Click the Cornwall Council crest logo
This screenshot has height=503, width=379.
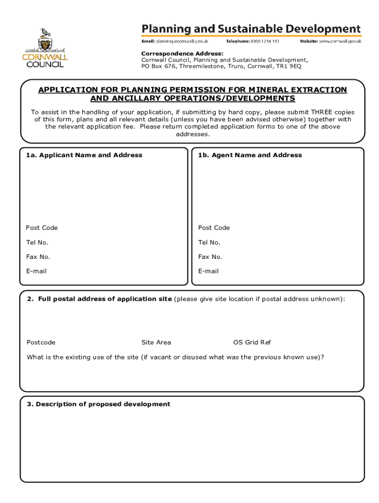[45, 48]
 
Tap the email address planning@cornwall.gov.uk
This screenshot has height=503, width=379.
[182, 41]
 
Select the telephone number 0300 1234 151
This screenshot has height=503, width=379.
[263, 41]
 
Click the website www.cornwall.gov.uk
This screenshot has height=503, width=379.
[340, 41]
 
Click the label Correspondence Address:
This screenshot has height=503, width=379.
[182, 53]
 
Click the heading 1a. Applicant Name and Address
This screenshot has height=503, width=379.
[84, 155]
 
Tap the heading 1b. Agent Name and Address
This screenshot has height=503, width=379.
[250, 155]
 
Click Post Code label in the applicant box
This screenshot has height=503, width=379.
[42, 228]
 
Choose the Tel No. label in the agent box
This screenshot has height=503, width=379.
[209, 243]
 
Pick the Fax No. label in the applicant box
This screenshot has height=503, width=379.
[38, 257]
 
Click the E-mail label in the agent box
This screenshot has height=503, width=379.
[208, 271]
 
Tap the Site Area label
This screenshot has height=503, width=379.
[156, 342]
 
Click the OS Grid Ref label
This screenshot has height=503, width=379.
[252, 342]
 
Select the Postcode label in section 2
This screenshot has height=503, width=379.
[41, 342]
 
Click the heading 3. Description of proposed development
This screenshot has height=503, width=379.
[98, 404]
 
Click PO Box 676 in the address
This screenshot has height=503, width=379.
[159, 66]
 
